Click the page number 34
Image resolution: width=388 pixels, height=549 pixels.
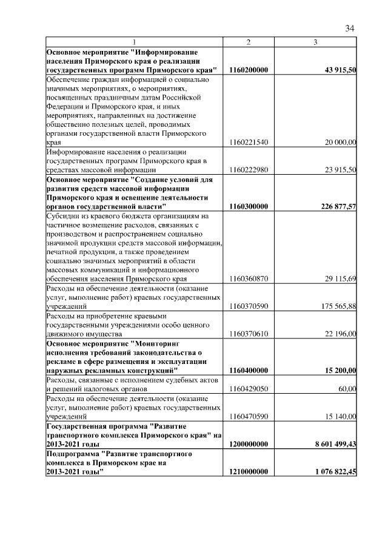[x=349, y=28]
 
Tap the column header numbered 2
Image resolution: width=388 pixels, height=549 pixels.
[x=249, y=41]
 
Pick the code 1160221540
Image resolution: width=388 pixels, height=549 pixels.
[x=249, y=142]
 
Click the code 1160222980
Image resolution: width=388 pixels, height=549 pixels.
[x=249, y=170]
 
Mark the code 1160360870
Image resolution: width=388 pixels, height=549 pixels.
[x=249, y=278]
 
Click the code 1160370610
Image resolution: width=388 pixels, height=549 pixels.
[x=249, y=334]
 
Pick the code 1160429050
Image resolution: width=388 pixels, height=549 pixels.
[x=249, y=388]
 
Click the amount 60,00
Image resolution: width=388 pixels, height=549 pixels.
[x=347, y=388]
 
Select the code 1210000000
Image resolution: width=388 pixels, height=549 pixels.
[x=249, y=471]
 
